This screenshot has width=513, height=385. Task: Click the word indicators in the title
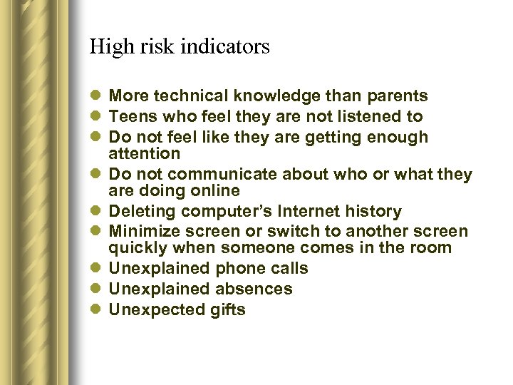point(224,47)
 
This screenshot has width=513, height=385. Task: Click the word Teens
point(130,116)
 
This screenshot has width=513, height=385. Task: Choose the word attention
point(144,153)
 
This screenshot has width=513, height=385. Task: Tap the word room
point(432,248)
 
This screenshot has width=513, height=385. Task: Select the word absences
point(255,289)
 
